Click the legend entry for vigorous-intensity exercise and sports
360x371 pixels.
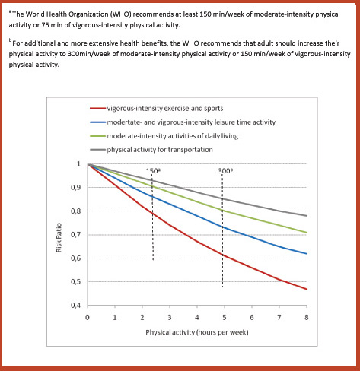[157, 109]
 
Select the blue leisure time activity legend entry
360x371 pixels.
[183, 122]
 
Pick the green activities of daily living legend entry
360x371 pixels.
[164, 136]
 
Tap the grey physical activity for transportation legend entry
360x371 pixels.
[151, 150]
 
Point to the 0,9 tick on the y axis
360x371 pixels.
[75, 188]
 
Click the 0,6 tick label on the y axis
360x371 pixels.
[75, 258]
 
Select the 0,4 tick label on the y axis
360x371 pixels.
[75, 306]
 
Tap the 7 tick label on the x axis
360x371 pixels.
[279, 318]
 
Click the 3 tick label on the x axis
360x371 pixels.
[170, 318]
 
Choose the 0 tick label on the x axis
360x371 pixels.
[88, 318]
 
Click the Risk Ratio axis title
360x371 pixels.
[59, 238]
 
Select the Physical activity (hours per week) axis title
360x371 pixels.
[197, 332]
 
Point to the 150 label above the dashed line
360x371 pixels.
[153, 171]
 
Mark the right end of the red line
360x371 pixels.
[307, 289]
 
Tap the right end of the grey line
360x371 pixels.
[307, 216]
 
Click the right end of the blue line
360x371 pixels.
[307, 254]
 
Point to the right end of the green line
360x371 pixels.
[307, 233]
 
